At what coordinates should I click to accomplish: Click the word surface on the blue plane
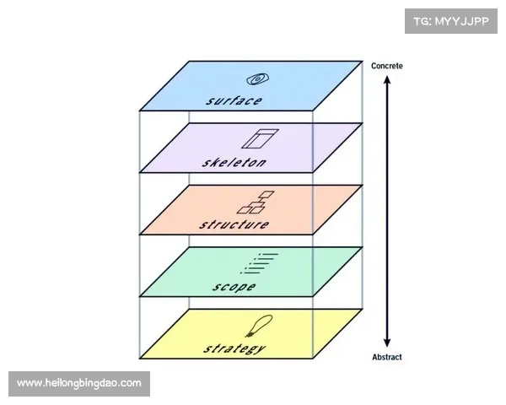[234, 100]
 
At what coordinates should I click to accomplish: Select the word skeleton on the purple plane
[234, 162]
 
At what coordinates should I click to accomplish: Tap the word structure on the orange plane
[234, 224]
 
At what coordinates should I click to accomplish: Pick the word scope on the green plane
[234, 286]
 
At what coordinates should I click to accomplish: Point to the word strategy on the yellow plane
[234, 348]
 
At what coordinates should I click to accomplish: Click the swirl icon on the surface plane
[259, 79]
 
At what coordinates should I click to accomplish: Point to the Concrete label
[387, 65]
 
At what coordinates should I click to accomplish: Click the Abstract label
[387, 356]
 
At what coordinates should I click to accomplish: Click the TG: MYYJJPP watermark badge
[451, 20]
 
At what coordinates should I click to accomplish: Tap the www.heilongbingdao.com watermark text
[80, 384]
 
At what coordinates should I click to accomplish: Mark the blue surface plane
[312, 84]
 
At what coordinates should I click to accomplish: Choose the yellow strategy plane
[312, 333]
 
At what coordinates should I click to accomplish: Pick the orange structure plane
[312, 209]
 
